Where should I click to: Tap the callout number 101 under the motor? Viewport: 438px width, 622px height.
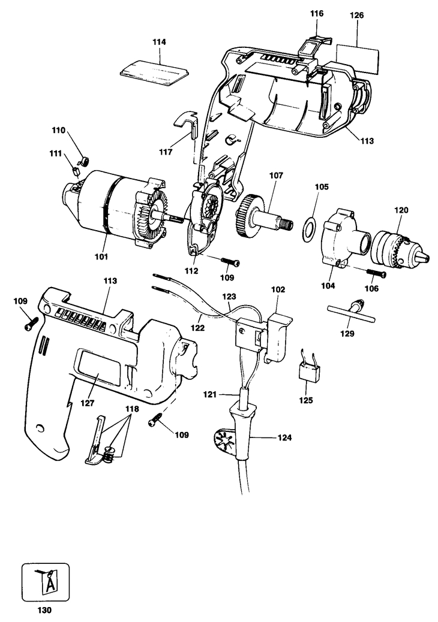click(100, 256)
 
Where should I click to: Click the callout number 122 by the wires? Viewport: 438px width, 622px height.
click(199, 328)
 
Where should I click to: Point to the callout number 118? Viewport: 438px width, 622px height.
click(131, 409)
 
